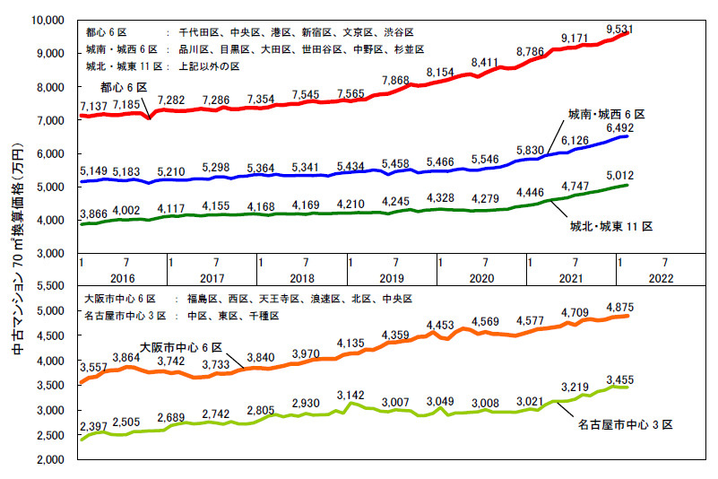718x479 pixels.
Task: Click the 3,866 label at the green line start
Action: click(95, 214)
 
